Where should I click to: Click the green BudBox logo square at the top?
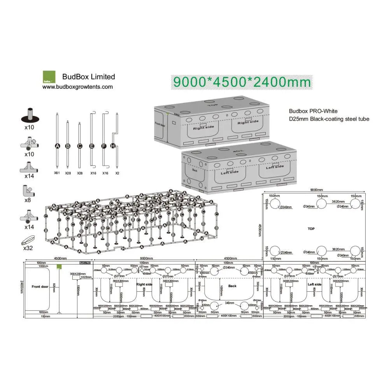coord(49,77)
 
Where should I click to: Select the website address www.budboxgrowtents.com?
coord(77,87)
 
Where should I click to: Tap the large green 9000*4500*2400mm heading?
coord(242,82)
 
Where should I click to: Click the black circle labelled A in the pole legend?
coord(58,146)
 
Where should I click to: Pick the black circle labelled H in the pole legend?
coord(113,146)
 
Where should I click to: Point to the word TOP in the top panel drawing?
coord(311,229)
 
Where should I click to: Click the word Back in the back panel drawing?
coord(232,286)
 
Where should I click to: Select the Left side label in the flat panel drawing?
coord(314,284)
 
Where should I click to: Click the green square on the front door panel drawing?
coord(60,266)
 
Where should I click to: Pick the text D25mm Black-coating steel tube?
coord(329,119)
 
